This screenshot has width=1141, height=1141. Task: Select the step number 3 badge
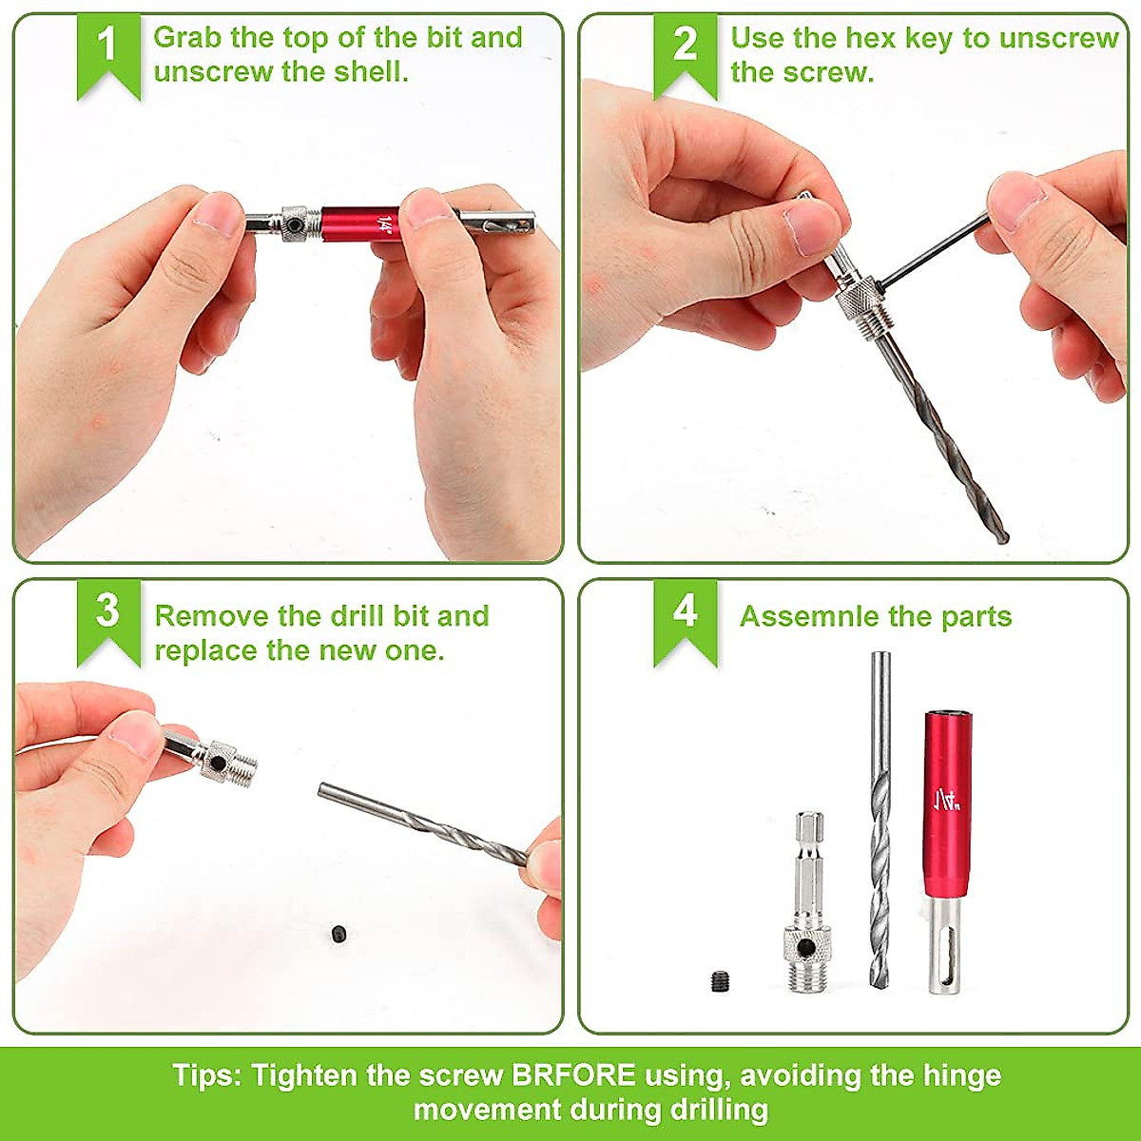109,622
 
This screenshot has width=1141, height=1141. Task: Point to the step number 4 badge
685,622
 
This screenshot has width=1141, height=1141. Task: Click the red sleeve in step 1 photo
362,224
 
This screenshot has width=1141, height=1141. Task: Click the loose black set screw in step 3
338,934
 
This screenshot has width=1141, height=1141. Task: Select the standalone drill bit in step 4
880,820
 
